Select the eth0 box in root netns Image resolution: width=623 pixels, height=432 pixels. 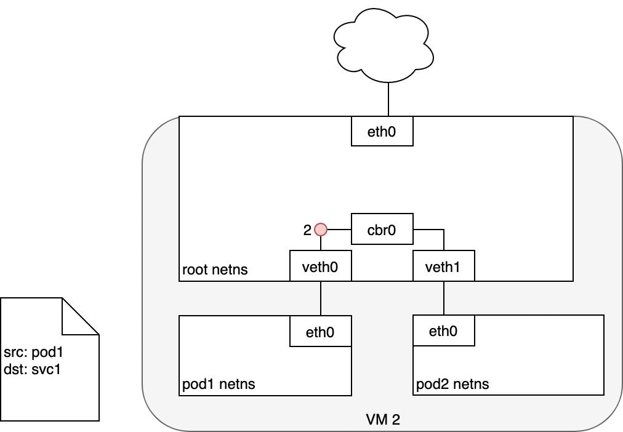coord(382,131)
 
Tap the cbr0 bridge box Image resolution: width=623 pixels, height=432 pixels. coord(382,230)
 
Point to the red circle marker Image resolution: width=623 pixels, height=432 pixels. coord(321,230)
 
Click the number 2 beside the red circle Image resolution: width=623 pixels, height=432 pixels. coord(307,230)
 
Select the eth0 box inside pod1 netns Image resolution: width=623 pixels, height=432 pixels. coord(320,332)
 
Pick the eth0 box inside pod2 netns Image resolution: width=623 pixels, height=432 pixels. coord(443,331)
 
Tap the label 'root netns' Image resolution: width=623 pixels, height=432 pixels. coord(215,270)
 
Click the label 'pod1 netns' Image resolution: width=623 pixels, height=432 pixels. coord(219,385)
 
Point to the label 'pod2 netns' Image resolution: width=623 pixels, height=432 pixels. coord(452,385)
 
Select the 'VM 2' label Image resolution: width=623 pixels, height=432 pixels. coord(383,420)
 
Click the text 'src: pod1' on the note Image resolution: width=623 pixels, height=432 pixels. coord(33,353)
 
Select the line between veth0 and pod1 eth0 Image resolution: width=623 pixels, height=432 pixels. coord(321,298)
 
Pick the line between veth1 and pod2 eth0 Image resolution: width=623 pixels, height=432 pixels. coord(444,298)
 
